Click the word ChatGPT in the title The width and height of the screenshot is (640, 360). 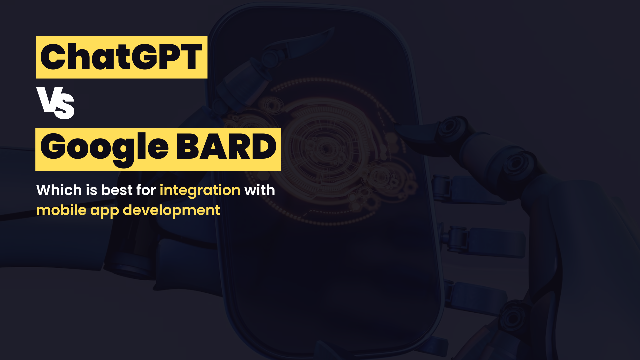[x=121, y=57]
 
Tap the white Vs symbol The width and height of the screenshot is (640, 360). [x=55, y=103]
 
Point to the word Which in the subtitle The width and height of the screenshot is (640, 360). [x=59, y=190]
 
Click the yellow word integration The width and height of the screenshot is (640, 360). [x=200, y=190]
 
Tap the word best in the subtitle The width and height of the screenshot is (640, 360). [x=117, y=190]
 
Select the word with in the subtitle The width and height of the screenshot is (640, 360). [x=260, y=190]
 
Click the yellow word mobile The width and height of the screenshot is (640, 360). [x=61, y=210]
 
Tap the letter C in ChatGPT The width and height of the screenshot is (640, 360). [x=54, y=57]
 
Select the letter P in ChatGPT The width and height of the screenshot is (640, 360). [x=169, y=57]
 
